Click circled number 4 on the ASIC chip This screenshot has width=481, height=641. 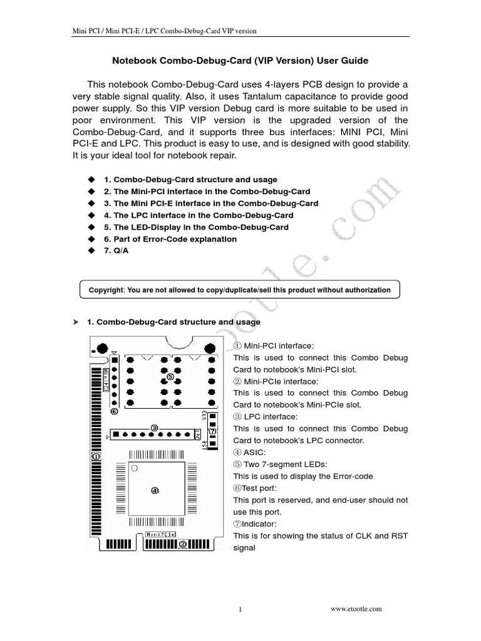pyautogui.click(x=155, y=490)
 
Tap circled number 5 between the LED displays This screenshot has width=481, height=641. pyautogui.click(x=170, y=377)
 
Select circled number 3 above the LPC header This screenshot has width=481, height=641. pyautogui.click(x=154, y=427)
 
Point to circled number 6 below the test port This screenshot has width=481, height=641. pyautogui.click(x=114, y=412)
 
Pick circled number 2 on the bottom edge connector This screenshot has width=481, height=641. pyautogui.click(x=182, y=544)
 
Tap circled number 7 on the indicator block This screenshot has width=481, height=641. pyautogui.click(x=213, y=431)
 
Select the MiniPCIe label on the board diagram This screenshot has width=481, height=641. pyautogui.click(x=160, y=534)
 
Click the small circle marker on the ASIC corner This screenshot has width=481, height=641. pyautogui.click(x=135, y=469)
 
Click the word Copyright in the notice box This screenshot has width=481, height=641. pyautogui.click(x=106, y=290)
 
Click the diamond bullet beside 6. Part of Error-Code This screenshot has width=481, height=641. pyautogui.click(x=91, y=239)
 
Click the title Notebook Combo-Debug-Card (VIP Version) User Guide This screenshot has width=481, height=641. pyautogui.click(x=240, y=61)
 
